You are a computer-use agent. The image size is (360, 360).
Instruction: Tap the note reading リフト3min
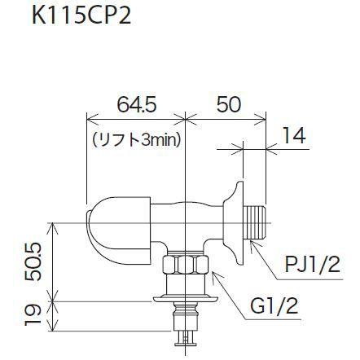[x=137, y=139]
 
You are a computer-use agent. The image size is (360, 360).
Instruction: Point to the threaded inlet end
[x=259, y=222]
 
